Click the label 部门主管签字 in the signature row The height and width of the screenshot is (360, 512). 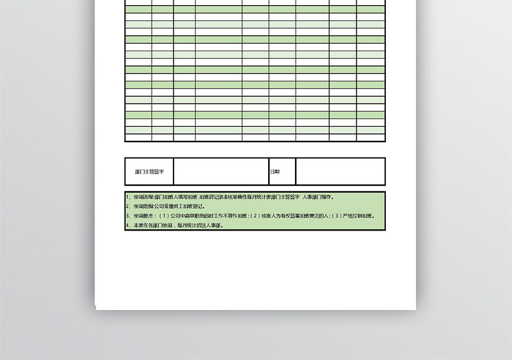(150, 172)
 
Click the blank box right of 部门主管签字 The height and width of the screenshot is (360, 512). (221, 171)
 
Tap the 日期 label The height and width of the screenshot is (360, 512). (275, 172)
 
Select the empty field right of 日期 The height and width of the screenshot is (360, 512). (340, 171)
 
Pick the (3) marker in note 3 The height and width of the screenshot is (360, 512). (337, 216)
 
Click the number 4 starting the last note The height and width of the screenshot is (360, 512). (128, 225)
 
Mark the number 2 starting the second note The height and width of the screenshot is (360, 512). (128, 206)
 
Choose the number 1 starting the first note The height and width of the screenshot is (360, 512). (128, 197)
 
